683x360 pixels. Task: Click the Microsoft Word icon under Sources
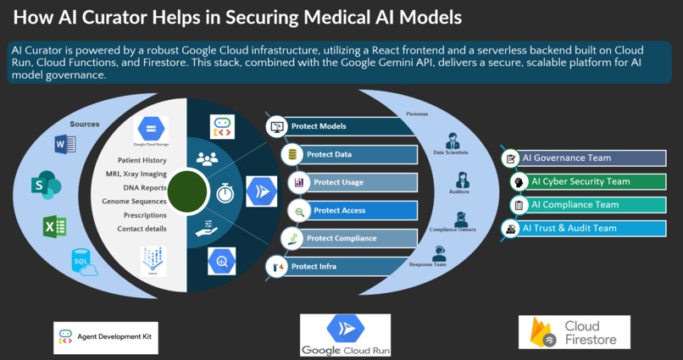64,145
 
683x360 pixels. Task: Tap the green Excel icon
55,227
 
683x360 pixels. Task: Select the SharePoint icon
45,185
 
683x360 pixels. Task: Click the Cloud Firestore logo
574,332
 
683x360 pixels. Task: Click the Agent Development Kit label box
105,337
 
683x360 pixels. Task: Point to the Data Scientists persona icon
452,141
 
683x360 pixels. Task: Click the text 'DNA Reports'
143,188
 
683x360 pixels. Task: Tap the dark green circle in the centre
188,192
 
